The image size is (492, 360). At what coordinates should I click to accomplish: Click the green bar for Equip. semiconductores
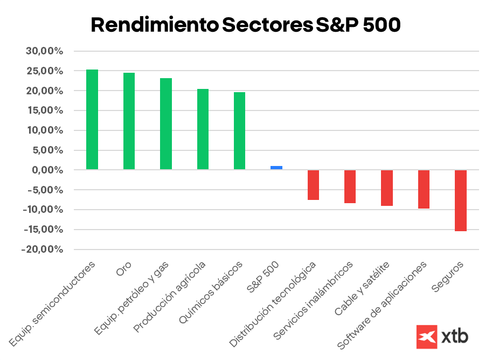coord(92,120)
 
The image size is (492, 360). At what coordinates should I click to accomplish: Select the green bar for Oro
coord(129,121)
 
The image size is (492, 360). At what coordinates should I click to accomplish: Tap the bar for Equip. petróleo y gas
coord(166,124)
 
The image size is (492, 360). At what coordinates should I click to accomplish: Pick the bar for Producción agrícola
coord(203,129)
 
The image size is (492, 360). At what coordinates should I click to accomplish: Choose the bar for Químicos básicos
coord(239,131)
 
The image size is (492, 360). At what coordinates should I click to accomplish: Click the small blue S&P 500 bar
coord(276,168)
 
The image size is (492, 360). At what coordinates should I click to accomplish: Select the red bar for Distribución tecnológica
coord(313,185)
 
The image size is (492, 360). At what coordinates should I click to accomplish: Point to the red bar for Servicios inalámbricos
coord(350,186)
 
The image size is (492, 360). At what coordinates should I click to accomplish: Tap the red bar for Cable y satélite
coord(387,188)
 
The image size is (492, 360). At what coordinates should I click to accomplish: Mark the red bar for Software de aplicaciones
coord(424,189)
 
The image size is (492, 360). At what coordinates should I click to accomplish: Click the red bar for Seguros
coord(460,200)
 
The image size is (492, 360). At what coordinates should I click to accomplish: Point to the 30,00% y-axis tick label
coord(44,51)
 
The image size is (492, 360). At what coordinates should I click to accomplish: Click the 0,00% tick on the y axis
coord(47,170)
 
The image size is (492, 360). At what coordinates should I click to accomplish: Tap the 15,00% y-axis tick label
coord(44,111)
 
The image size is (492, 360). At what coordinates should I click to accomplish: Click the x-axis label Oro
coord(123,270)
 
